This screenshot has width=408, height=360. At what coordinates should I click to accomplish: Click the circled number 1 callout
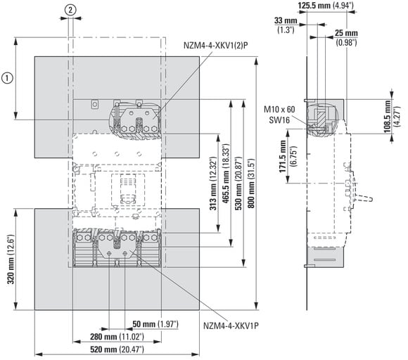7,78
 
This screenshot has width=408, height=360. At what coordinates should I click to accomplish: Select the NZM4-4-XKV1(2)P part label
216,46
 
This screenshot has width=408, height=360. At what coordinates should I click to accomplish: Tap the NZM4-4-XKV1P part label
231,326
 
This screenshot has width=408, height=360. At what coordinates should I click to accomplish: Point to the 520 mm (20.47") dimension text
117,349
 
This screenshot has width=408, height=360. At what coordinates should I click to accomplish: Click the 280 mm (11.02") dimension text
117,337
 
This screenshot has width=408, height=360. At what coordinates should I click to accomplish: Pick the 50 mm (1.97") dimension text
155,324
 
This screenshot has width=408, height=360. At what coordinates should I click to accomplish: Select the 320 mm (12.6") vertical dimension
12,259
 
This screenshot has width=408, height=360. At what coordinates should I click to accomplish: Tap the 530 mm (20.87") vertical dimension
239,184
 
